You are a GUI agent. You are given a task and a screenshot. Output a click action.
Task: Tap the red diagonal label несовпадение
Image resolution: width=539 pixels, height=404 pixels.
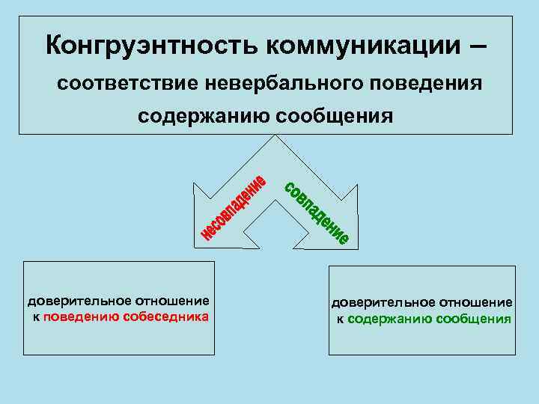tap(234, 209)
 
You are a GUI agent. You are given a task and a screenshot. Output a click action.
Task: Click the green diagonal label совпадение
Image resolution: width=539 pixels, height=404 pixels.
tap(315, 212)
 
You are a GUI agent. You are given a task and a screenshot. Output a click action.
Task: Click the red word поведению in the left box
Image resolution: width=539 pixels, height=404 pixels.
tap(82, 316)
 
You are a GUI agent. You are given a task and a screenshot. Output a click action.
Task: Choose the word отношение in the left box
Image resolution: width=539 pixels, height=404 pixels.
tap(172, 302)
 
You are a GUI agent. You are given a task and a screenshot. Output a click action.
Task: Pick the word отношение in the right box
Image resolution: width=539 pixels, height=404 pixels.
tap(476, 303)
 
